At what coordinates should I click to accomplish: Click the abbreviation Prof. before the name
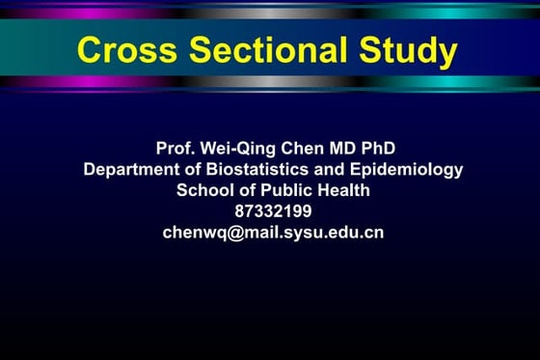tap(175, 149)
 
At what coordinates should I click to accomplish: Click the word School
tap(203, 190)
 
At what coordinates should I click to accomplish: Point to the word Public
tap(285, 190)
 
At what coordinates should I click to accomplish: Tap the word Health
tap(344, 190)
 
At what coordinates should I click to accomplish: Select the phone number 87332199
tap(273, 211)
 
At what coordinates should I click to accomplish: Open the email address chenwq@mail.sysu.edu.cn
tap(273, 233)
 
